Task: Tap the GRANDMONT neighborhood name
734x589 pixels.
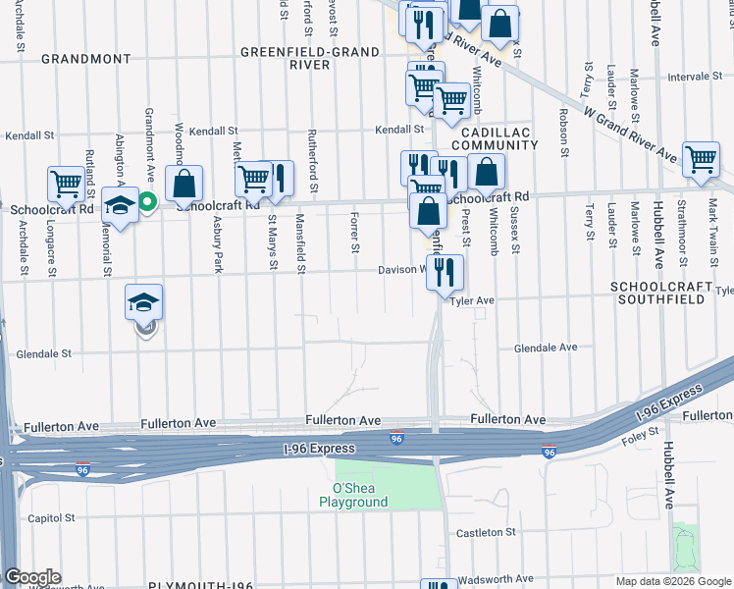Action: pyautogui.click(x=85, y=59)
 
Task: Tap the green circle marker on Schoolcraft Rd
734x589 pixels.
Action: pyautogui.click(x=147, y=203)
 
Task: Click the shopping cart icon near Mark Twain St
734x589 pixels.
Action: pyautogui.click(x=701, y=159)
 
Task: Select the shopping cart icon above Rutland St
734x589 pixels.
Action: pyautogui.click(x=66, y=184)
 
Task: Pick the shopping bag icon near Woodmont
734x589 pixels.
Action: pyautogui.click(x=183, y=183)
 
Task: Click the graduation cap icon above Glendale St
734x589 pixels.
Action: pyautogui.click(x=143, y=303)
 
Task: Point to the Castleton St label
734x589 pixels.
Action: pyautogui.click(x=486, y=532)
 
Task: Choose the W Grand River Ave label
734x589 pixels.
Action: pyautogui.click(x=628, y=134)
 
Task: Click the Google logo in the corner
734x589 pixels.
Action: pyautogui.click(x=32, y=577)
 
